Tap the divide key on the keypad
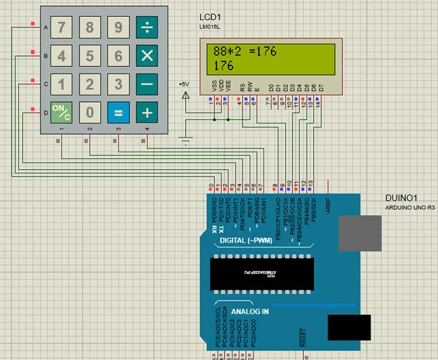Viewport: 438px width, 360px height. [x=146, y=28]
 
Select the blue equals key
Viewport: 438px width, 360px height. [x=118, y=112]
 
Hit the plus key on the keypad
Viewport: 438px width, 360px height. [x=146, y=112]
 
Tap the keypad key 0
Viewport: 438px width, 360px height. [x=89, y=112]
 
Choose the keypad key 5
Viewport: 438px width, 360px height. [x=89, y=55]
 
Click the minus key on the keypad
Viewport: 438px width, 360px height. [x=146, y=84]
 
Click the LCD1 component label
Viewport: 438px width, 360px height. [x=210, y=16]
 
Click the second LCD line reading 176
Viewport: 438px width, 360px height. [x=223, y=65]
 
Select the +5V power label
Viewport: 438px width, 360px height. [x=184, y=84]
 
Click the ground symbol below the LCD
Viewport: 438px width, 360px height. [x=185, y=143]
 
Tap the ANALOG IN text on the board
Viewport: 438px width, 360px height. [x=250, y=311]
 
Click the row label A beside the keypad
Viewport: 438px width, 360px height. [x=45, y=28]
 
